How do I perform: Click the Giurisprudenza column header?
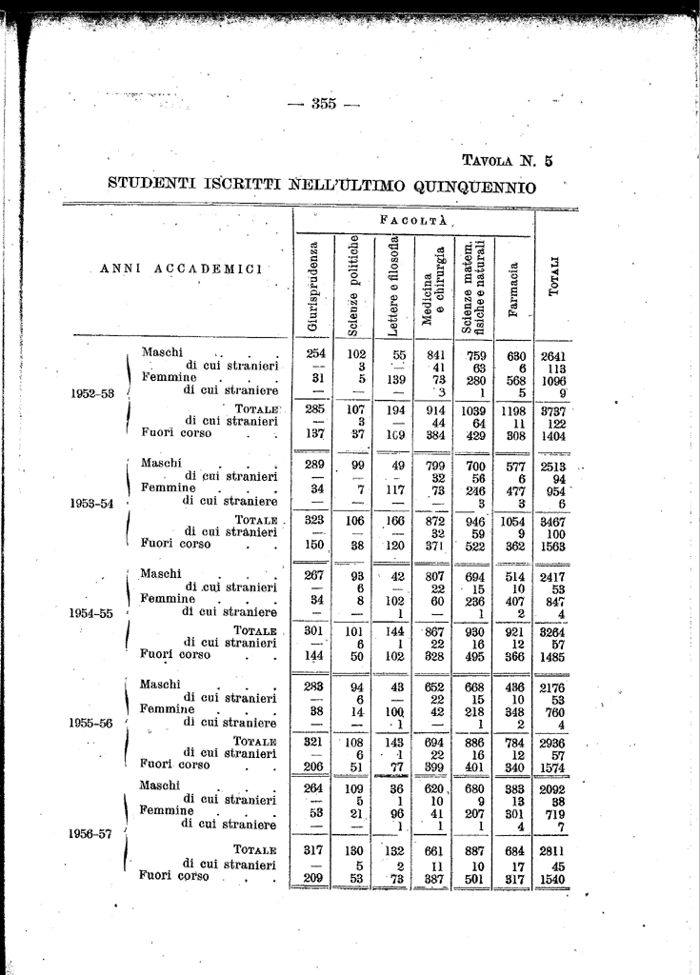pos(311,288)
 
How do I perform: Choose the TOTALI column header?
pos(554,287)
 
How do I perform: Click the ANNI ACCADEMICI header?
pos(182,269)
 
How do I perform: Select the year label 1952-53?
pos(94,392)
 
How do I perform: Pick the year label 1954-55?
pos(94,613)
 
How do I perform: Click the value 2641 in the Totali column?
pos(553,357)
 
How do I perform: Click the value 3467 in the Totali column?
pos(553,522)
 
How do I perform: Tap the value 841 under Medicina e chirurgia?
pos(435,356)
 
